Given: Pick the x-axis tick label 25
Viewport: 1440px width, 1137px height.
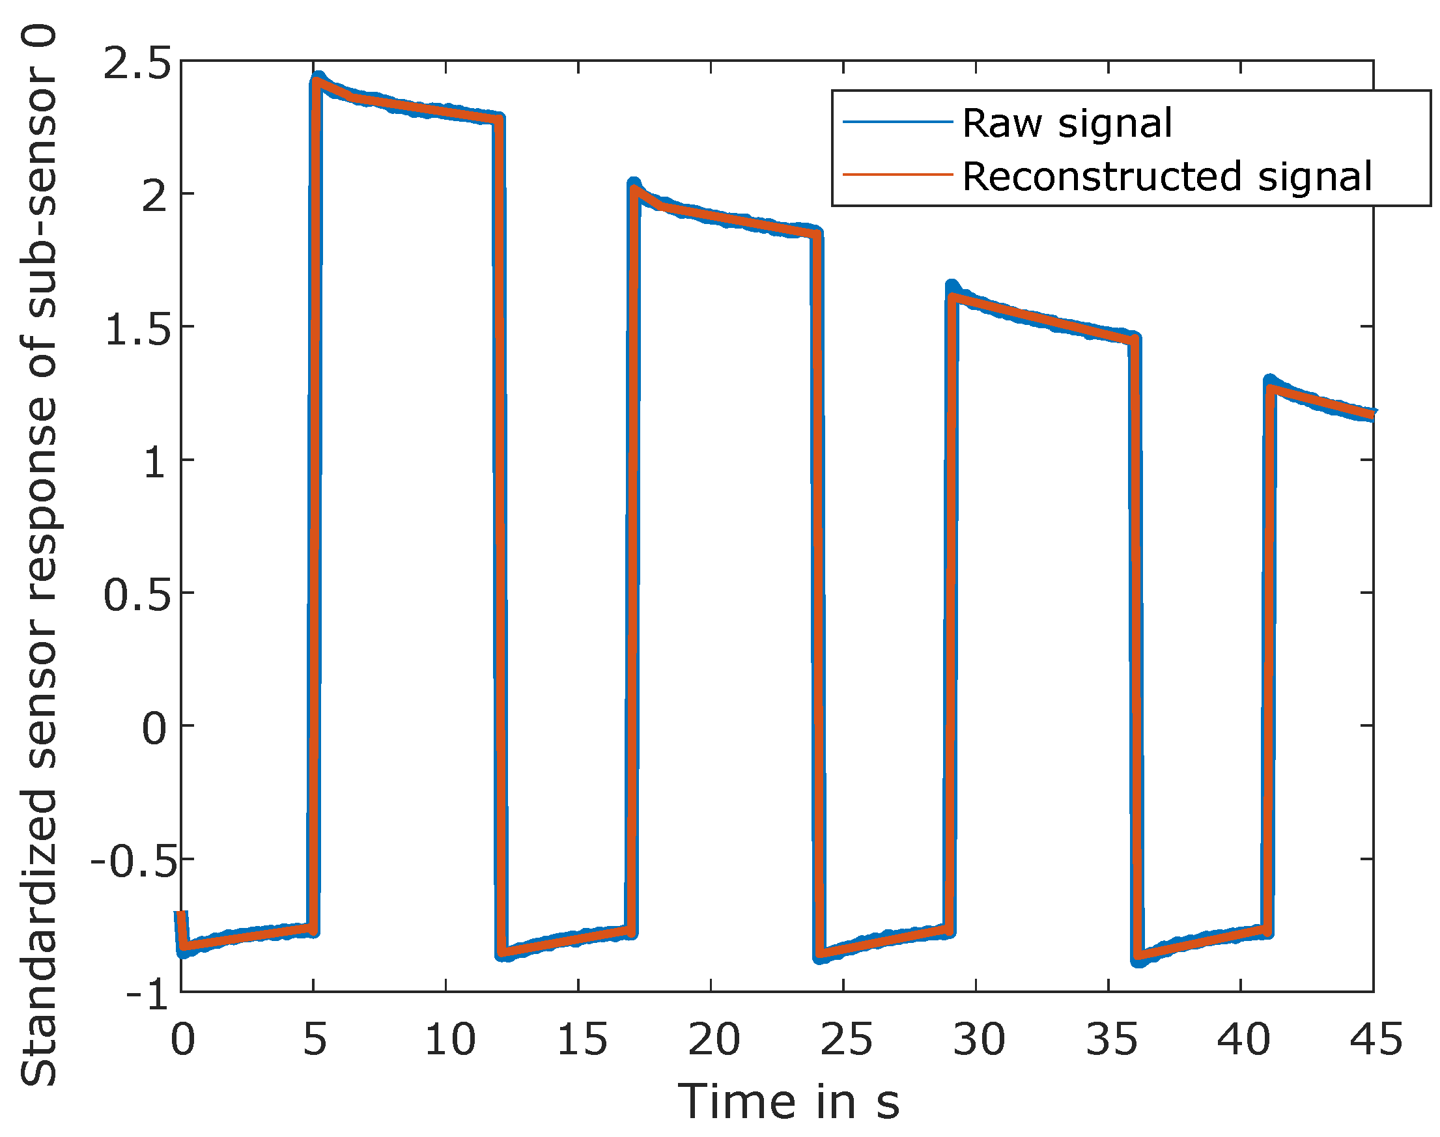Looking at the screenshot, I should [845, 1039].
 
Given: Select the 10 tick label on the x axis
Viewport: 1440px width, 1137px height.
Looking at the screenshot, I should [449, 1039].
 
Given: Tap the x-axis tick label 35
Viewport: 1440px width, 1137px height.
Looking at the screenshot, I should [1110, 1039].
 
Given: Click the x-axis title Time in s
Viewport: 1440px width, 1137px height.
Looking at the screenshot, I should [788, 1102].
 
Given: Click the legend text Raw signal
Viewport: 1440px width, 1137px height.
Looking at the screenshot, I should [1067, 124].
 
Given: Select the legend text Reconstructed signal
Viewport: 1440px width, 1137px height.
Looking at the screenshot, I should [1166, 176].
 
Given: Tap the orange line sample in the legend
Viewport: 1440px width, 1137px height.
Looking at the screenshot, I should [897, 175].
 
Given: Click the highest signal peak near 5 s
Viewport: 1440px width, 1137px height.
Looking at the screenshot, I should [318, 79].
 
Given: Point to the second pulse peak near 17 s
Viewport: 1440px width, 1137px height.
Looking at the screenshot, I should [634, 184].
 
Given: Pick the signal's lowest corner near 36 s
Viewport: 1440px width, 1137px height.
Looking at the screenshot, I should [1139, 961].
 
